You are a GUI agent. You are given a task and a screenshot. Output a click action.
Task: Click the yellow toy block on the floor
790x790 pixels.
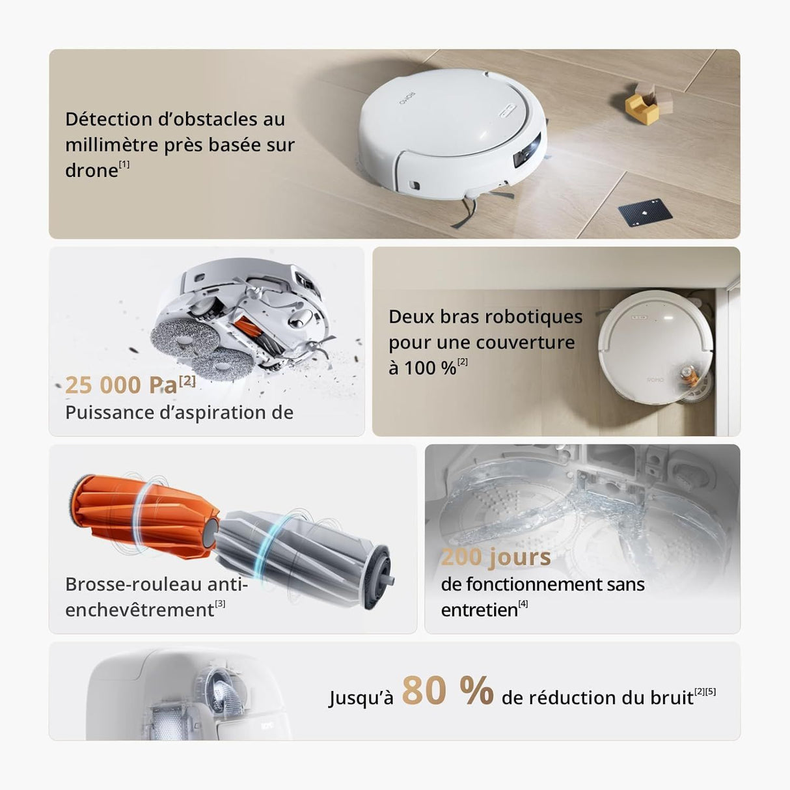(642, 108)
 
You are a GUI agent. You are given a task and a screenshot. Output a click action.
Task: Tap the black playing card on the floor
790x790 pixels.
(636, 213)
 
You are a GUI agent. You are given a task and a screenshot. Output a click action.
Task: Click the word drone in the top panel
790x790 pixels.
(91, 170)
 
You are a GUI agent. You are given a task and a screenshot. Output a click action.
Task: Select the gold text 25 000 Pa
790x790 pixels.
(121, 385)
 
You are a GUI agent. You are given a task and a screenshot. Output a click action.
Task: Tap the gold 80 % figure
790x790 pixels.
(447, 690)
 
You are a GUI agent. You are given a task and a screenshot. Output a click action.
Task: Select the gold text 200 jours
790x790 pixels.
(495, 557)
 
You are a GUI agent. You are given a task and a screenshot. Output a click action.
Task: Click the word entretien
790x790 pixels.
(479, 610)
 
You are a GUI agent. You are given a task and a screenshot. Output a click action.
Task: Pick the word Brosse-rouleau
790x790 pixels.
(133, 584)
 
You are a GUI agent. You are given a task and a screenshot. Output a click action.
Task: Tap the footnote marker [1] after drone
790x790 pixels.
(124, 164)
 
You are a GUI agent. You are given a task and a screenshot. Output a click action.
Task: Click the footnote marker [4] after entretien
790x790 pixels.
(523, 604)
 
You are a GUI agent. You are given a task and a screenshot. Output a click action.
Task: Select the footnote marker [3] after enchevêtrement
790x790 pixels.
(220, 604)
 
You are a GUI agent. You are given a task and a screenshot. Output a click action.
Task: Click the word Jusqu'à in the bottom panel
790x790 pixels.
(361, 698)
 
